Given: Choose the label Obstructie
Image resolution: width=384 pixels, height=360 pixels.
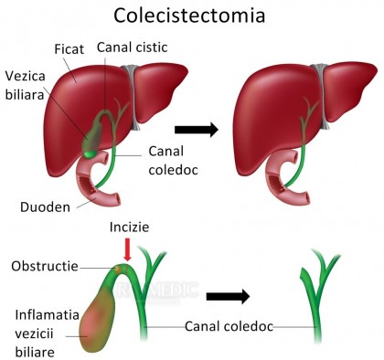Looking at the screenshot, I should click(x=44, y=266).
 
